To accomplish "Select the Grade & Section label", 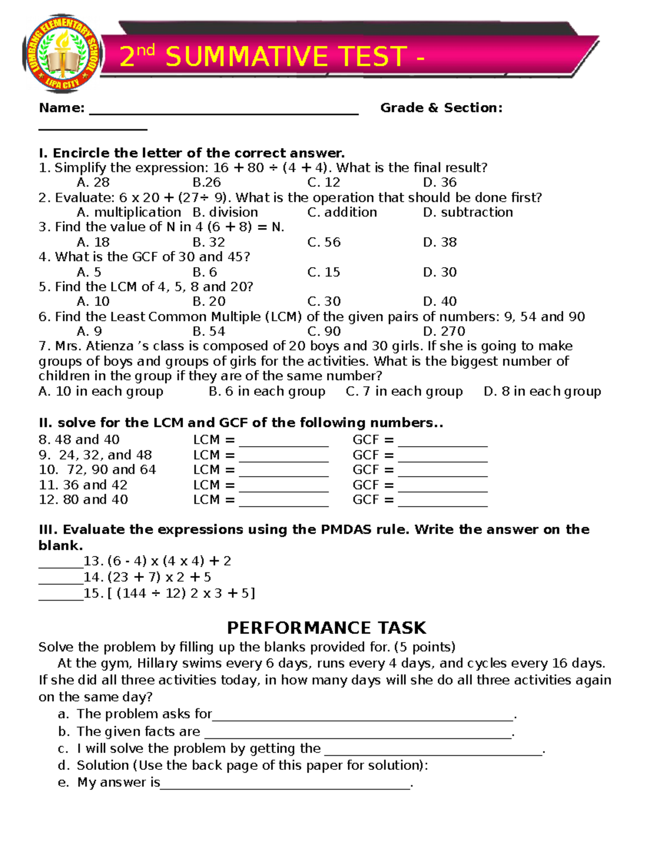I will pyautogui.click(x=441, y=108).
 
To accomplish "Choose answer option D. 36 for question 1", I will pyautogui.click(x=440, y=182).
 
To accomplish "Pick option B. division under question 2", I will pyautogui.click(x=225, y=212).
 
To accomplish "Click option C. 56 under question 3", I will pyautogui.click(x=324, y=242).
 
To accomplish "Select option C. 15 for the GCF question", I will pyautogui.click(x=324, y=272).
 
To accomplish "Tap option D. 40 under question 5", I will pyautogui.click(x=440, y=301).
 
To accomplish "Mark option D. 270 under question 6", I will pyautogui.click(x=444, y=331).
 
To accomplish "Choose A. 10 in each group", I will pyautogui.click(x=101, y=391).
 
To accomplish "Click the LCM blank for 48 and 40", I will pyautogui.click(x=284, y=442).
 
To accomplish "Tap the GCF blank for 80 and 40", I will pyautogui.click(x=442, y=502).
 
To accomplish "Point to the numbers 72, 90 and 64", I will pyautogui.click(x=112, y=470).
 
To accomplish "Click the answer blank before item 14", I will pyautogui.click(x=60, y=579).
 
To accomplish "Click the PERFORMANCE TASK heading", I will pyautogui.click(x=326, y=628).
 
